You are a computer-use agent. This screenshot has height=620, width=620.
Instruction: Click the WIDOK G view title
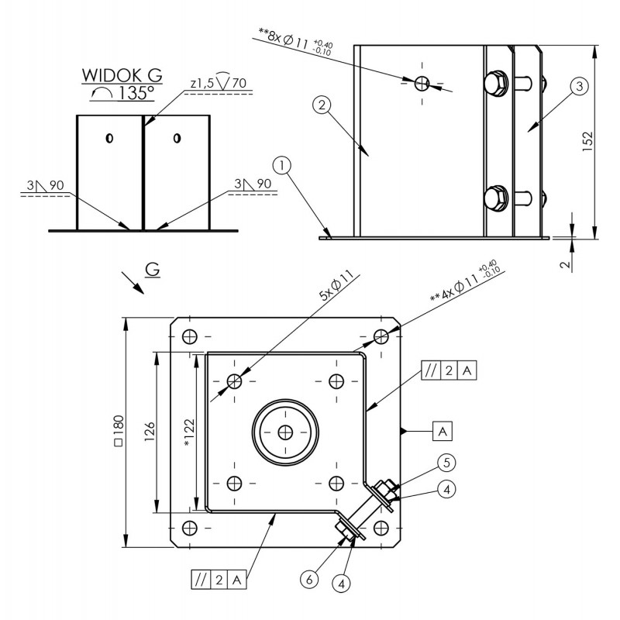pos(122,75)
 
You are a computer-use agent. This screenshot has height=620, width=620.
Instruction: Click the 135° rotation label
pos(122,93)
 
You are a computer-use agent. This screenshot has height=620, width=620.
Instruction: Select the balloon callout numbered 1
pos(282,166)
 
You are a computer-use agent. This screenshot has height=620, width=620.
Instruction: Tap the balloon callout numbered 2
pos(322,105)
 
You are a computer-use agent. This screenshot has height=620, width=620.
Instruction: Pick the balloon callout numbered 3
pos(579,86)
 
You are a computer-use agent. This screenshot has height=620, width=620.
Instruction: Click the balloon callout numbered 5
pos(446,463)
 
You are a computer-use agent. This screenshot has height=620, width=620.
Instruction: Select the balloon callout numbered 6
pos(309,580)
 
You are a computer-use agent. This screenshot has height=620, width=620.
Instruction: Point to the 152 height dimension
pos(588,142)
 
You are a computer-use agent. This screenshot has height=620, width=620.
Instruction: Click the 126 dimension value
pos(150,432)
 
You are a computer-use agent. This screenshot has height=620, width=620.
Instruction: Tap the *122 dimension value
pos(189,432)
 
